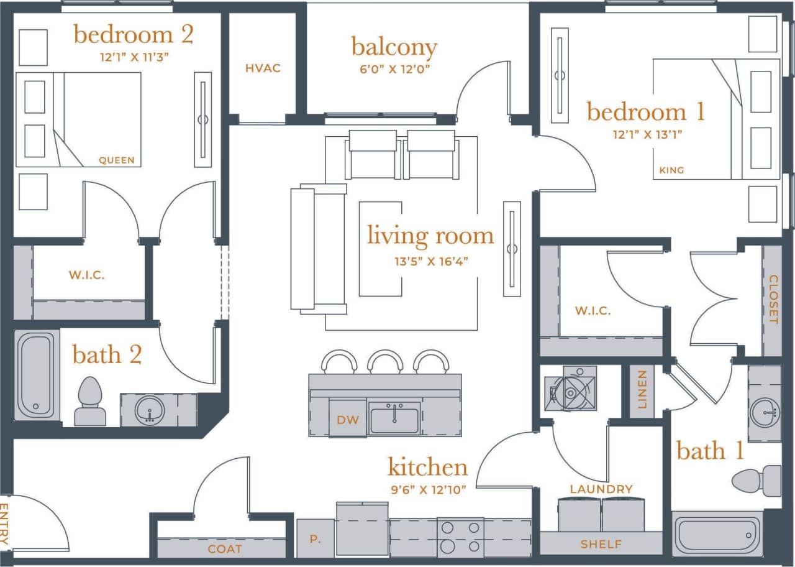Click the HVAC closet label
[x=263, y=68]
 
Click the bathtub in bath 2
[x=35, y=376]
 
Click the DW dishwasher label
[x=348, y=420]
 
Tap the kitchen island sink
[x=394, y=418]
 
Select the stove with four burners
[x=460, y=537]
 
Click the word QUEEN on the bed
[x=117, y=160]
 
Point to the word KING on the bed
[x=671, y=170]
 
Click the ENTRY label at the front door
[x=5, y=524]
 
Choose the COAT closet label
[x=225, y=549]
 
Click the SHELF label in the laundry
[x=601, y=544]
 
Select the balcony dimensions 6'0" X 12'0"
[x=394, y=70]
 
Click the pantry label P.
[x=316, y=538]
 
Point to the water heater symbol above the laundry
[x=570, y=389]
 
